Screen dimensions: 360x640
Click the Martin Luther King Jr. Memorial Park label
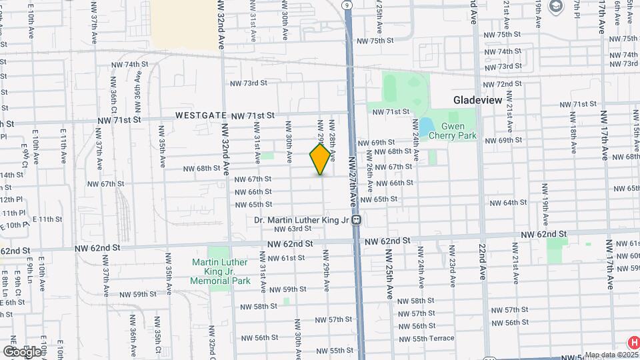221,271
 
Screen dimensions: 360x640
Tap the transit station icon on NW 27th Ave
357,219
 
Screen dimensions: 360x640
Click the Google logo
22,351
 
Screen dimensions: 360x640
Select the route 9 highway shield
347,5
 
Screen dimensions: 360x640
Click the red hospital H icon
633,341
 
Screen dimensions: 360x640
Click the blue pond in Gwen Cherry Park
425,125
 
